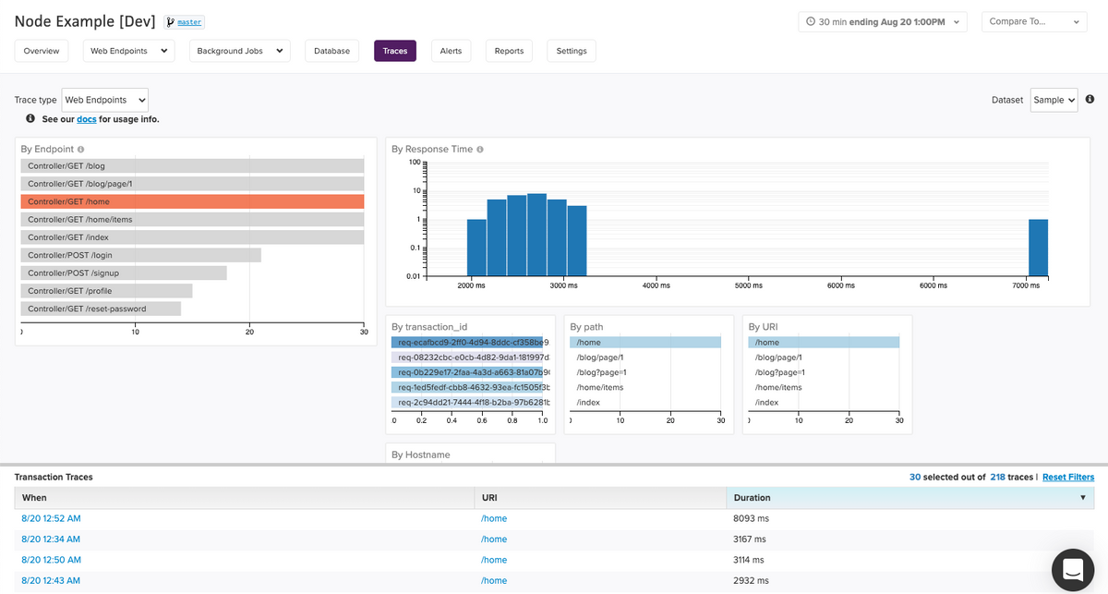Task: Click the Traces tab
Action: pyautogui.click(x=394, y=51)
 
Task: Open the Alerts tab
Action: pyautogui.click(x=451, y=51)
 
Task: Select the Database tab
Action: pyautogui.click(x=331, y=51)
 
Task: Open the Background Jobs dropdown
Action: pyautogui.click(x=240, y=51)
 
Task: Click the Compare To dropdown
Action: pyautogui.click(x=1033, y=21)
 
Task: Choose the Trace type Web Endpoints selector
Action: pyautogui.click(x=104, y=100)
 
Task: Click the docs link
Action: pyautogui.click(x=86, y=119)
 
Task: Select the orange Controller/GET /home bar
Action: pyautogui.click(x=192, y=201)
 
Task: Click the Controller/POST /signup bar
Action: pyautogui.click(x=123, y=273)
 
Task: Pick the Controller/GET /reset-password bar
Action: pyautogui.click(x=101, y=309)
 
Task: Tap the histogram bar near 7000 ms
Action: pyautogui.click(x=1038, y=248)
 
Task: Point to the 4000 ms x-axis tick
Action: pyautogui.click(x=656, y=285)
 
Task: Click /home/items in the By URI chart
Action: pyautogui.click(x=778, y=387)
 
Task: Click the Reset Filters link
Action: pyautogui.click(x=1067, y=477)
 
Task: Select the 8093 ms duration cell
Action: pyautogui.click(x=751, y=518)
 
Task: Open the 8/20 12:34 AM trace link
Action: pyautogui.click(x=51, y=539)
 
